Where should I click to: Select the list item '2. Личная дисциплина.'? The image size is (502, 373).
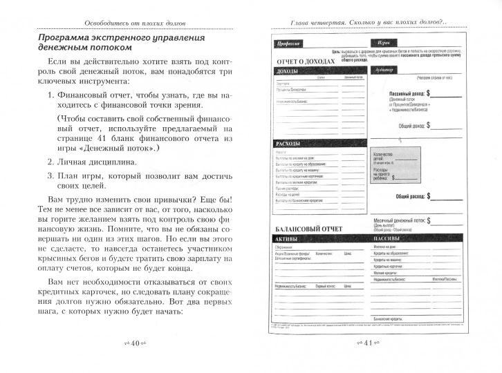pos(97,162)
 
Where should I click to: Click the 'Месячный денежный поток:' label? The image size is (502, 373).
pos(398,219)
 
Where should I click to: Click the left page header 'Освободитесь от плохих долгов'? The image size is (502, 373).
pos(131,23)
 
